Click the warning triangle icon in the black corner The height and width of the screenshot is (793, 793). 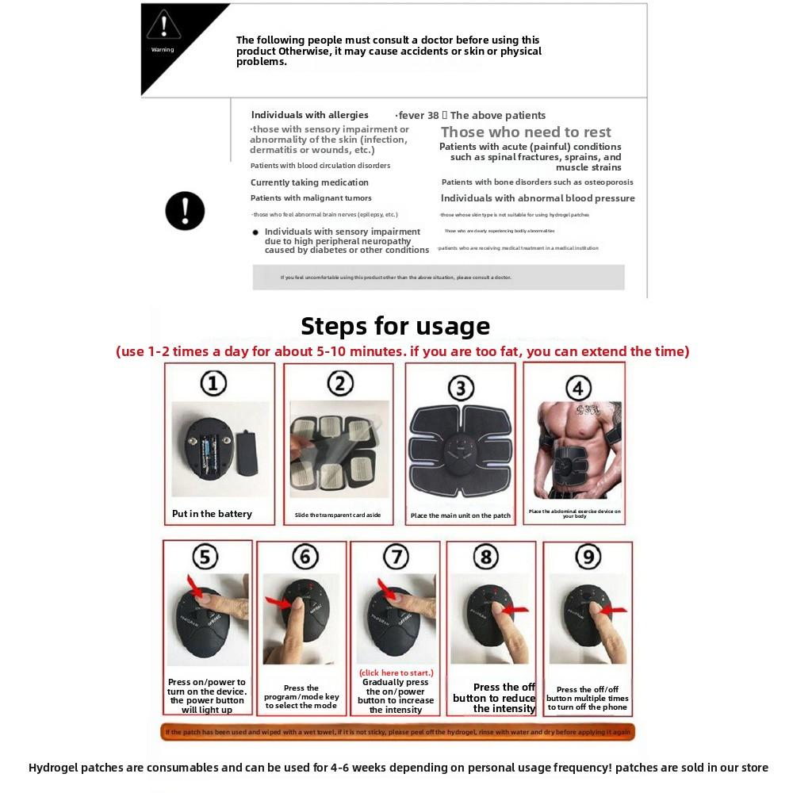click(163, 26)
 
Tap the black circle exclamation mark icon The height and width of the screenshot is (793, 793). click(185, 211)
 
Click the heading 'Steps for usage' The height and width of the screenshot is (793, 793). click(395, 326)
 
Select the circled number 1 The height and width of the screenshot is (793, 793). click(213, 384)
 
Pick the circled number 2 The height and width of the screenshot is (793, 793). click(340, 384)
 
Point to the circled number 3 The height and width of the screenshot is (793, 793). click(460, 388)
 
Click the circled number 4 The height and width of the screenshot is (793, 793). click(578, 388)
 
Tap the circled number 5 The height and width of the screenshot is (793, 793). click(205, 557)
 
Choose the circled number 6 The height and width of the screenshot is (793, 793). click(305, 557)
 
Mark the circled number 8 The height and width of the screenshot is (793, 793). click(486, 557)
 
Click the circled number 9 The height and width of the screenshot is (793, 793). click(588, 557)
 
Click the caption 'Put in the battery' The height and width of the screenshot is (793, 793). click(212, 514)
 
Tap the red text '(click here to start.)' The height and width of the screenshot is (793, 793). click(396, 672)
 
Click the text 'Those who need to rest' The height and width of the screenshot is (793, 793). click(526, 132)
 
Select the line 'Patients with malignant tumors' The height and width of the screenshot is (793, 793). click(311, 198)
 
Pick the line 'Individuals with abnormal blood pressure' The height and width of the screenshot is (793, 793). click(538, 198)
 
